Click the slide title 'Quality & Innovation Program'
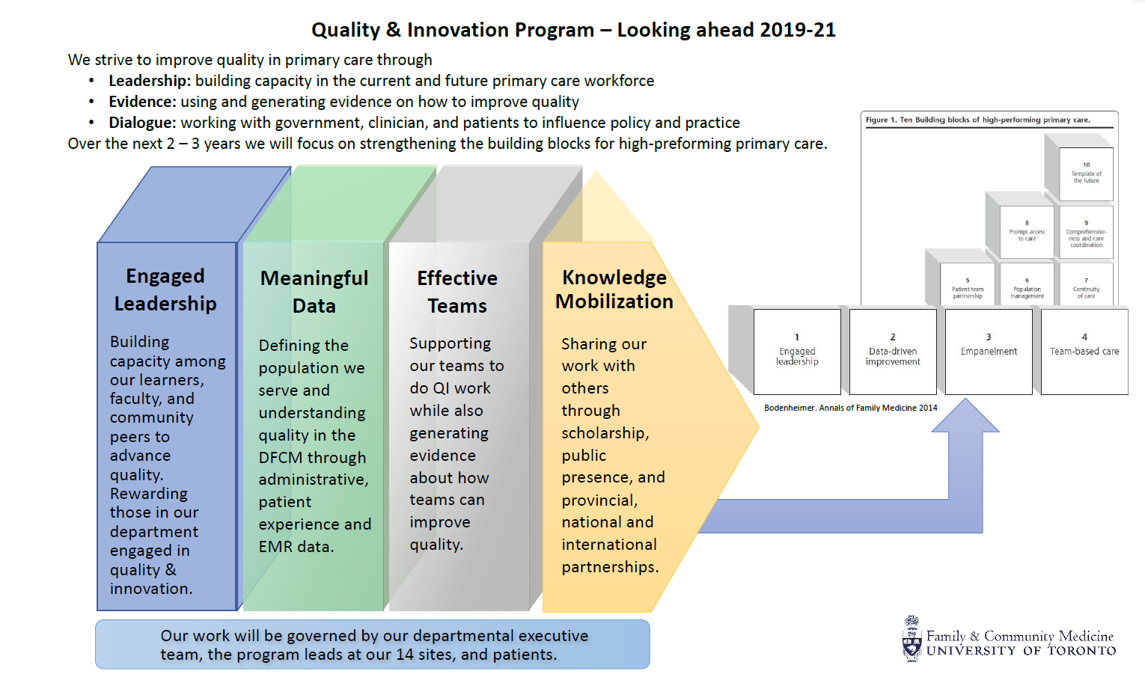click(453, 30)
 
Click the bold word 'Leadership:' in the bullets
click(149, 81)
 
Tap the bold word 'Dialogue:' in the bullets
click(142, 123)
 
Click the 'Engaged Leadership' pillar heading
click(165, 290)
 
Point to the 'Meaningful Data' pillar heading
click(314, 292)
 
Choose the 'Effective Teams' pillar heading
click(457, 292)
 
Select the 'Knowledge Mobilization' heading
click(614, 290)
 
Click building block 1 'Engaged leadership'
click(797, 351)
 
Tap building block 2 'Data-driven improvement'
click(893, 351)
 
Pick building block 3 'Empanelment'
click(989, 351)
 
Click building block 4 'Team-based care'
click(1084, 351)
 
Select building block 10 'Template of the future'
click(1087, 174)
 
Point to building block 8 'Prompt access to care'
click(1027, 232)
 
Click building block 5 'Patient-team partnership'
click(968, 290)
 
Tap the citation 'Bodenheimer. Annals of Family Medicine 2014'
click(850, 408)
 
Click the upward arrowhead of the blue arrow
click(965, 416)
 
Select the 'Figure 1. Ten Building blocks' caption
click(977, 120)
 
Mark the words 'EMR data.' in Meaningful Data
click(296, 547)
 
